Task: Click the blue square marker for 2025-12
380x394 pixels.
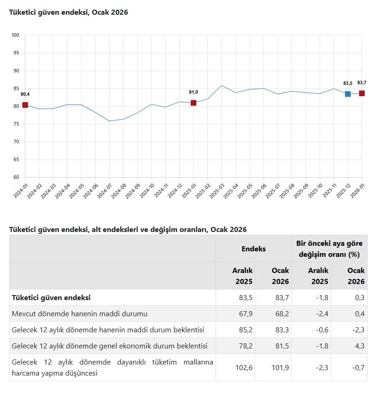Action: coord(348,94)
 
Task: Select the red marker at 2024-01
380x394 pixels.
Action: coord(25,105)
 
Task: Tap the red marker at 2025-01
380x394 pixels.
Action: coord(193,103)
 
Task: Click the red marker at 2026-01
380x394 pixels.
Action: coord(362,93)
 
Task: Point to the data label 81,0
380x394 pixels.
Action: coord(193,92)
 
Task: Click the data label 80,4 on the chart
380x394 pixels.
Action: coord(25,94)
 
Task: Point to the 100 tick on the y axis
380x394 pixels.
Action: coord(15,35)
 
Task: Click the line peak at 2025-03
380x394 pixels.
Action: coord(222,86)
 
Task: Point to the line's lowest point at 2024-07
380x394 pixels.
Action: coord(109,121)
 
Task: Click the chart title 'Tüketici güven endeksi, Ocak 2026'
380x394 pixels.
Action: coord(69,12)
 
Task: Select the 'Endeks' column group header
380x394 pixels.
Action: coord(253,249)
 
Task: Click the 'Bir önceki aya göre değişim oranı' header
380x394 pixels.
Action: coord(329,249)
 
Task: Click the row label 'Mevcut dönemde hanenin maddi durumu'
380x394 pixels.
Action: coord(79,314)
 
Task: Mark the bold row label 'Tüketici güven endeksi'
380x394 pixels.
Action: coord(51,298)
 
